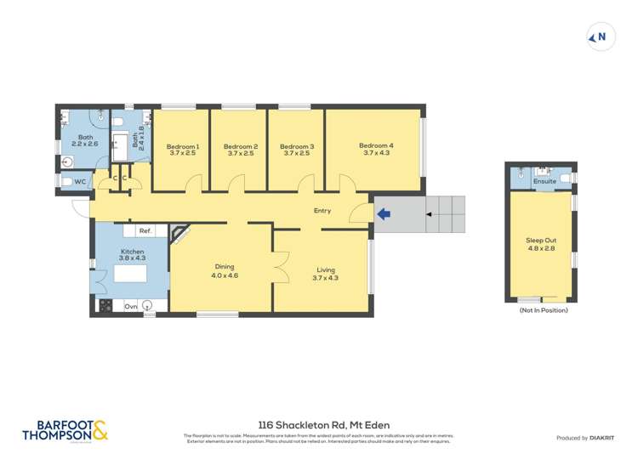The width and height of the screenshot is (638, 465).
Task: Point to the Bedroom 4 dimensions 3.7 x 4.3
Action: point(375,153)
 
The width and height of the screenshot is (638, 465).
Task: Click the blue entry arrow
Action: point(383,213)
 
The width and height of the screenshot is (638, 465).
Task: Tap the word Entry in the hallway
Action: point(322,211)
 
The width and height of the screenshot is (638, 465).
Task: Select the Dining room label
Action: point(224,266)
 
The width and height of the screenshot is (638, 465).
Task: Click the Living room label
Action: point(325,269)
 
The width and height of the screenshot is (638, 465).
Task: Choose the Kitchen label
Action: point(132,252)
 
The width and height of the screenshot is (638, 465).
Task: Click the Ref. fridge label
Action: point(145,230)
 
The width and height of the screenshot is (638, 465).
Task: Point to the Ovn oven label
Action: point(131,306)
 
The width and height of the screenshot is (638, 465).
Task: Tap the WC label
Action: point(80,182)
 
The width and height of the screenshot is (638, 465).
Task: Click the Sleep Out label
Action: point(541,241)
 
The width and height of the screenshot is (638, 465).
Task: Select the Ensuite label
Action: point(544,181)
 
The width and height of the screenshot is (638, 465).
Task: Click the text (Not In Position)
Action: point(543,310)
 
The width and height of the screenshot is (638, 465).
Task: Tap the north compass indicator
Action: point(601,37)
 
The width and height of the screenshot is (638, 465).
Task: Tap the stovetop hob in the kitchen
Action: point(105,306)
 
